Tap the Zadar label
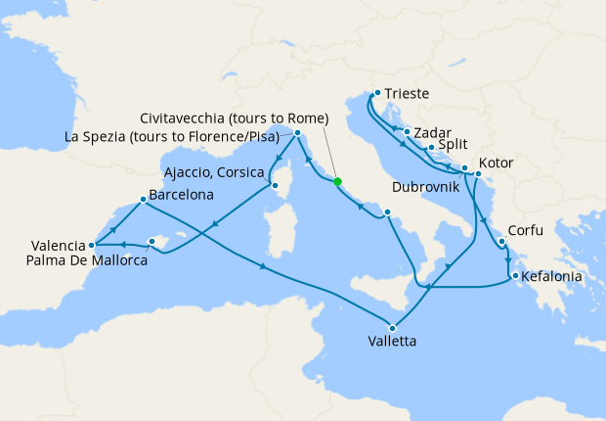click(430, 132)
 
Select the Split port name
click(452, 146)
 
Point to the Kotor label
click(497, 163)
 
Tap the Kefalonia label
click(552, 277)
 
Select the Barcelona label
click(182, 195)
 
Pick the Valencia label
click(57, 246)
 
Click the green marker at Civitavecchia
click(337, 181)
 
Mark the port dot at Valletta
click(393, 327)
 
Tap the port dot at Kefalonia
click(515, 276)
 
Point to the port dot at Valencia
click(91, 245)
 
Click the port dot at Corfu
click(501, 242)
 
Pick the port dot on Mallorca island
click(151, 241)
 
